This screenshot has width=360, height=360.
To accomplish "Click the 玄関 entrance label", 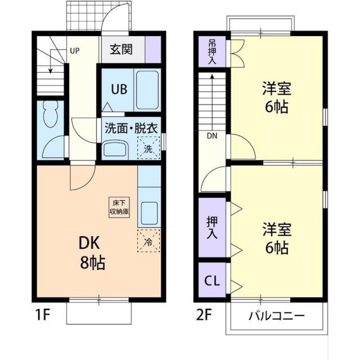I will pos(121,50).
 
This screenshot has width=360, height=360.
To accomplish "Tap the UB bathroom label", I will pos(119,89).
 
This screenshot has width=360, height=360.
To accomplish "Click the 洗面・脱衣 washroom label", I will pos(131,127).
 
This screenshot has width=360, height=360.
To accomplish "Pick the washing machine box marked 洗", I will pos(148,149).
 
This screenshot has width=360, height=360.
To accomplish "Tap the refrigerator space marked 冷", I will pos(148,242).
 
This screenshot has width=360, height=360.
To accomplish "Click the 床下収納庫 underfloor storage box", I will pos(119,207).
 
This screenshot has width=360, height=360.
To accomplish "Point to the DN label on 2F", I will pos(211,136).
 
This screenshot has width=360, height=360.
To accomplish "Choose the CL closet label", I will pos(212,280).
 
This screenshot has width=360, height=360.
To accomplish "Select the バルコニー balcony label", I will pos(277,315).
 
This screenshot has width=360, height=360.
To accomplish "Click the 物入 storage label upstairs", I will pos(212,51).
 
